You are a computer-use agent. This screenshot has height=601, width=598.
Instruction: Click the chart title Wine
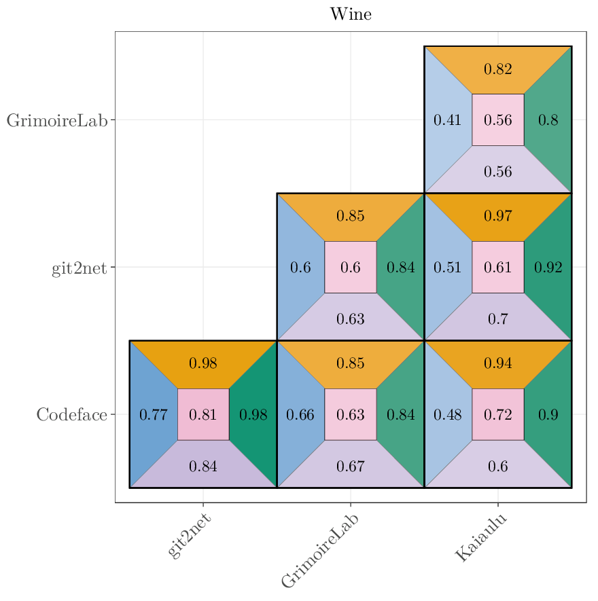coord(351,14)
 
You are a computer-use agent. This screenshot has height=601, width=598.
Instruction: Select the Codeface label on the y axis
coord(71,414)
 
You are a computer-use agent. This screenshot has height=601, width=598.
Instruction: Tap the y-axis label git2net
coord(79,268)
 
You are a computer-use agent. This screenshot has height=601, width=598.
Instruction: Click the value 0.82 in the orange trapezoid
coord(497,69)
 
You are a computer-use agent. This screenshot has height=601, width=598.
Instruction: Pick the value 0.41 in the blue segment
coord(447,120)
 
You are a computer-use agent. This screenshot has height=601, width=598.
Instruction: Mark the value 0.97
coord(497,217)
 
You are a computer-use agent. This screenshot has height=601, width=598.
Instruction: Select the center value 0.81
coord(203,414)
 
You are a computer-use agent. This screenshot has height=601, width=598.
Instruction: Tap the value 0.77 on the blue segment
coord(153,414)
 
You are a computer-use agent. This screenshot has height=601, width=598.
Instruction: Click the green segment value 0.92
coord(548,268)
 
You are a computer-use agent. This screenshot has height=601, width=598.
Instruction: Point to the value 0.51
coord(447,268)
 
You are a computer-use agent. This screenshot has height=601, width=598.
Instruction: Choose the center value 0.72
coord(497,414)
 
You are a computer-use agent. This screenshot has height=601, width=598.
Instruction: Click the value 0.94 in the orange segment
coord(497,363)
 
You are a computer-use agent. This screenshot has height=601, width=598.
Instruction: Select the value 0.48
coord(447,414)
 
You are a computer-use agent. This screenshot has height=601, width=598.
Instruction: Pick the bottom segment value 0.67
coord(351,466)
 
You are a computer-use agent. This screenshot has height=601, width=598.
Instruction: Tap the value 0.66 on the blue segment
coord(300,414)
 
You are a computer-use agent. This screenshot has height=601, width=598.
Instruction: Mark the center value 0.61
coord(497,268)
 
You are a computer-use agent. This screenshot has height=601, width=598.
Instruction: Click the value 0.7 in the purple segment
coord(497,318)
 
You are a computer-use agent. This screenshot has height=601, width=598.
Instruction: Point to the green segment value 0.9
coord(548,414)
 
